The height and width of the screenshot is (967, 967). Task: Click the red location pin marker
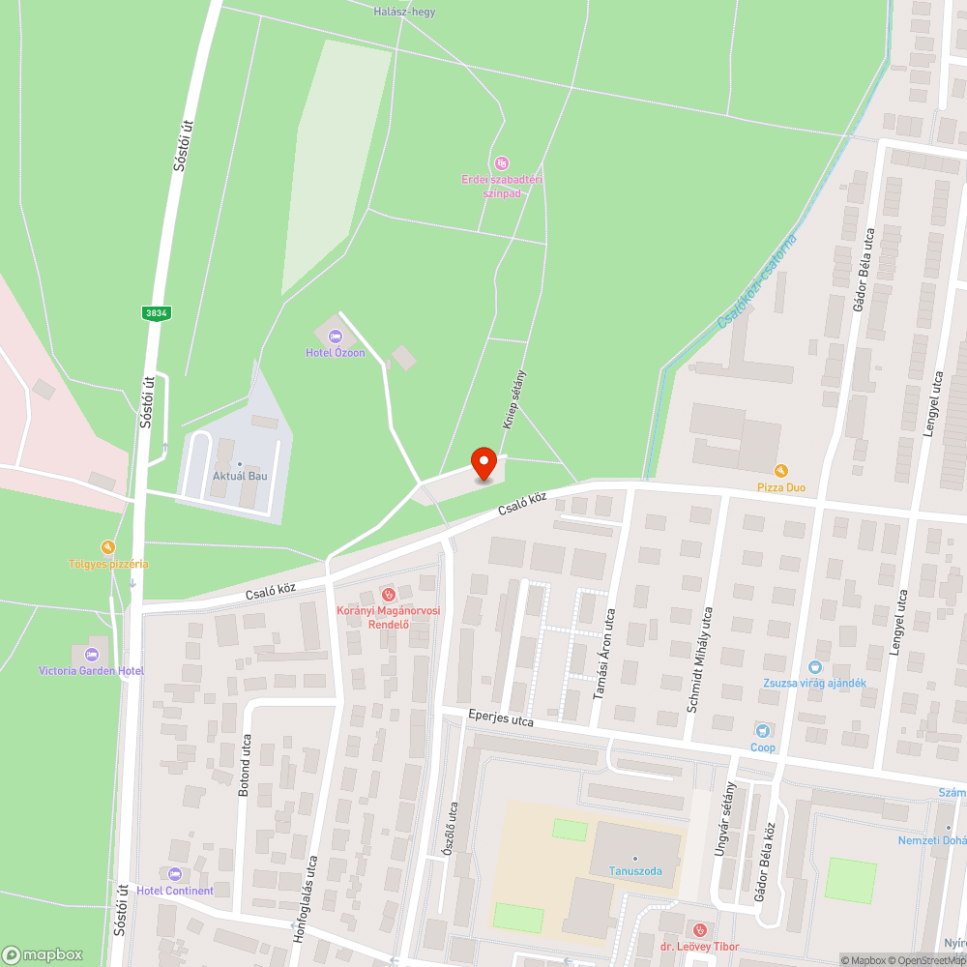[483, 464]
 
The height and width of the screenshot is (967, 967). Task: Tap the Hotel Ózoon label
[336, 353]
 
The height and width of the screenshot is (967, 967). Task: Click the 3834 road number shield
[155, 312]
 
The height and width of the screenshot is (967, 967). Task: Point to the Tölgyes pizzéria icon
[108, 547]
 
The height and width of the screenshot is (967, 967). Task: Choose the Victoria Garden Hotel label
[91, 671]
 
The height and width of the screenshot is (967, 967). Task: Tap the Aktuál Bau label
[240, 477]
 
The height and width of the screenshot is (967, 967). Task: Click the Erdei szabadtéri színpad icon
[501, 162]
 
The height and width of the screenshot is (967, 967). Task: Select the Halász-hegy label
[403, 12]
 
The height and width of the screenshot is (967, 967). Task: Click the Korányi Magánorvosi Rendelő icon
[388, 593]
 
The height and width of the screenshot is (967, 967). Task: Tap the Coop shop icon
[763, 731]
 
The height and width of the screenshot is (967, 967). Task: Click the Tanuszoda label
[634, 871]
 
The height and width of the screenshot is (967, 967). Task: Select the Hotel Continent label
[175, 891]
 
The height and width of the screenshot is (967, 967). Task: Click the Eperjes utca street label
[501, 720]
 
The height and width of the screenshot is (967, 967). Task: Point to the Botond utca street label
[244, 764]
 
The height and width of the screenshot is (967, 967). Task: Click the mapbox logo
[43, 954]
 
